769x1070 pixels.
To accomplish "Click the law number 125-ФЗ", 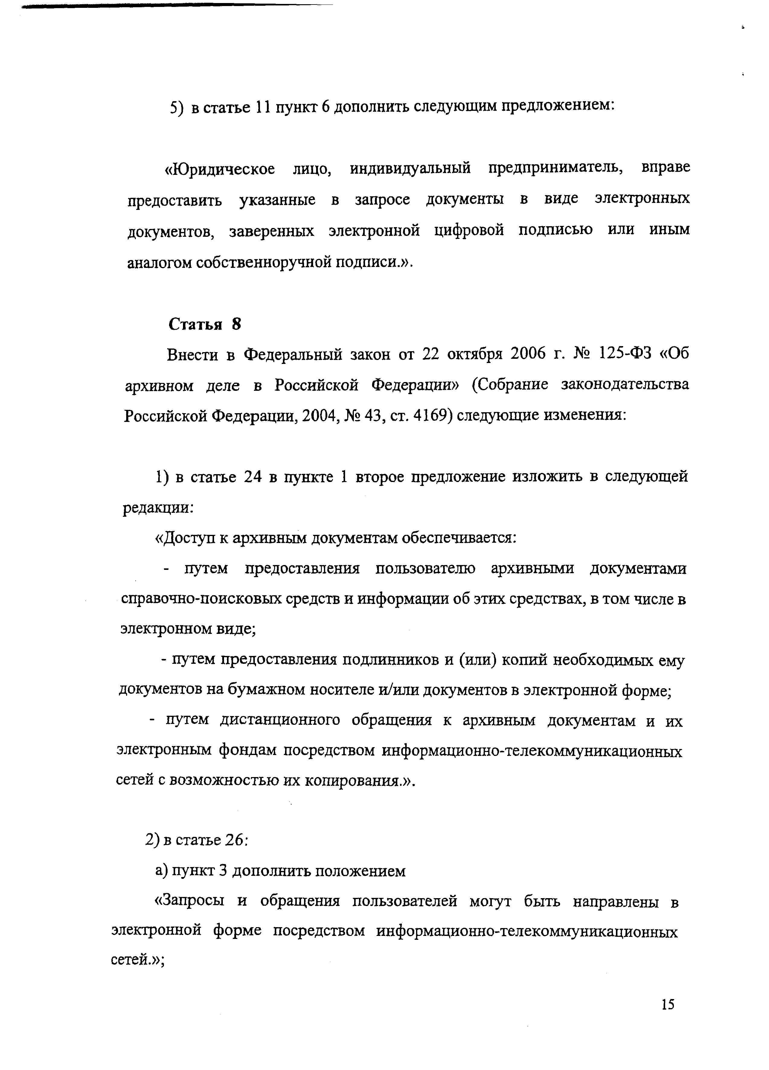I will click(625, 354).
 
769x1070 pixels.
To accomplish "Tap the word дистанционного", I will click(279, 720).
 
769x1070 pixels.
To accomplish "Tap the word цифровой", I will click(469, 230).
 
